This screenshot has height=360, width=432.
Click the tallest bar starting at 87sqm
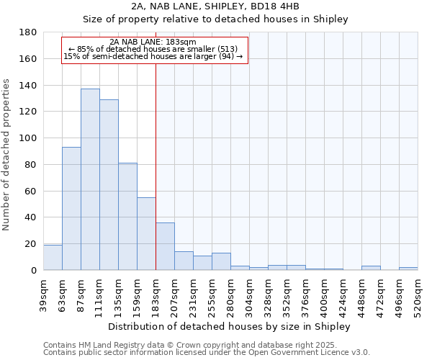click(x=90, y=179)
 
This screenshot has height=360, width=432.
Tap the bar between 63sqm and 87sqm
click(x=71, y=209)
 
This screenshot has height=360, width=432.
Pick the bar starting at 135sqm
click(x=127, y=217)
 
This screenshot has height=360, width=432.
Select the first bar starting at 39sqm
click(x=53, y=258)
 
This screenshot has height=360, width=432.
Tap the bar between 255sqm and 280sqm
click(x=221, y=261)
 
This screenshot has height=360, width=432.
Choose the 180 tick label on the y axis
click(x=27, y=32)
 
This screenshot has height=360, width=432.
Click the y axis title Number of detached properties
click(x=7, y=151)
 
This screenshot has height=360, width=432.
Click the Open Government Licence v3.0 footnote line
click(x=207, y=352)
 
